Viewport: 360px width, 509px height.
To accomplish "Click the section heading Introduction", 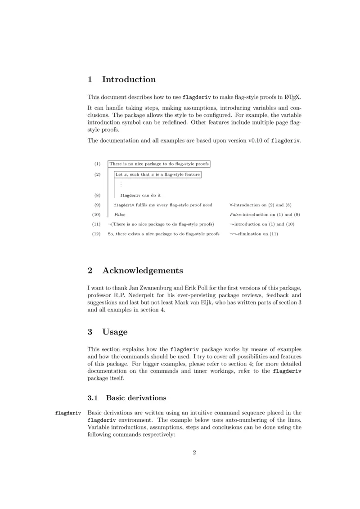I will [x=129, y=80].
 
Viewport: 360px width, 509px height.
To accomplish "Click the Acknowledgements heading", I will [x=143, y=271].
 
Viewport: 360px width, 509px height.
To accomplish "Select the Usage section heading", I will [x=115, y=332].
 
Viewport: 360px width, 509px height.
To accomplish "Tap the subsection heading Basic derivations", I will [x=136, y=398].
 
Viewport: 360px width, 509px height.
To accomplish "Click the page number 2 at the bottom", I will [x=194, y=452].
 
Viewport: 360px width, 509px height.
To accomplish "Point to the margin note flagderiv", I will [x=67, y=413].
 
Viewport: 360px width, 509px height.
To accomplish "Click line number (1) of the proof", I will [x=97, y=164].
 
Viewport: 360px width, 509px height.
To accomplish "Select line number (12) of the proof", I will [x=96, y=234].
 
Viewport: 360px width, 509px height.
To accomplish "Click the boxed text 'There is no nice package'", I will [x=159, y=164].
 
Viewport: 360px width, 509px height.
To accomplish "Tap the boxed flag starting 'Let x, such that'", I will [x=157, y=174].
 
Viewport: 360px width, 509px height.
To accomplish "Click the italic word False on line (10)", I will [x=120, y=215].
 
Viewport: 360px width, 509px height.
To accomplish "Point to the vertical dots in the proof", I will [x=121, y=184].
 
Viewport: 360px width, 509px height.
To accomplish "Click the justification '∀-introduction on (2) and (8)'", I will [x=261, y=205].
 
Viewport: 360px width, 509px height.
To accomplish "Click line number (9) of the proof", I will [x=97, y=205].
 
